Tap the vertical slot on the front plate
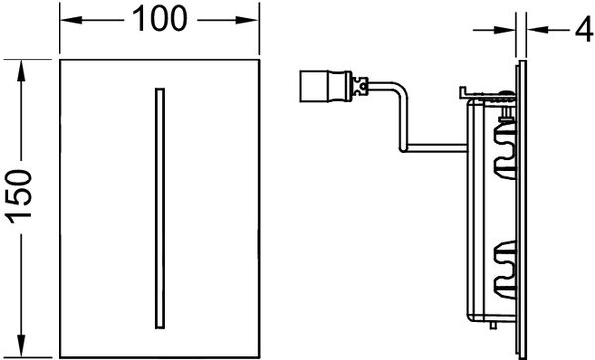click(x=156, y=208)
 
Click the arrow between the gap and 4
click(x=532, y=29)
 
